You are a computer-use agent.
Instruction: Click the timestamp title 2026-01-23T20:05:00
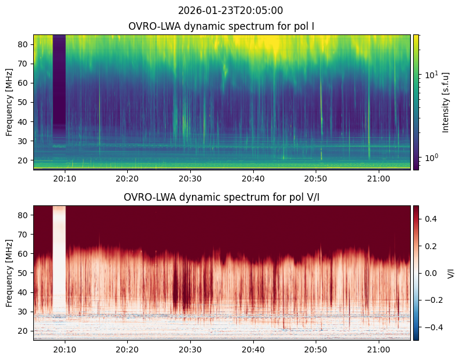pos(230,11)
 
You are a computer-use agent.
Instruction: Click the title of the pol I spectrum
pos(221,26)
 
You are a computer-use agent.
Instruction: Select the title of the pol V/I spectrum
pos(221,197)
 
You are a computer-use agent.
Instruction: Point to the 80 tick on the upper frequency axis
pos(23,44)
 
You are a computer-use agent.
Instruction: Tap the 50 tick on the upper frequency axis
pos(23,103)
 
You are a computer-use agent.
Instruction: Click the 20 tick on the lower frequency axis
pos(23,331)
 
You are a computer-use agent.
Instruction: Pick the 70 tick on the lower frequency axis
pos(23,235)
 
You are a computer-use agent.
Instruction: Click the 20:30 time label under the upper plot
pos(190,179)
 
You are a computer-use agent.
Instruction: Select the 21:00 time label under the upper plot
pos(379,179)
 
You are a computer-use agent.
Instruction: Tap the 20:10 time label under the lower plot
pos(65,349)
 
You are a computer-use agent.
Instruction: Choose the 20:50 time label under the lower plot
pos(316,349)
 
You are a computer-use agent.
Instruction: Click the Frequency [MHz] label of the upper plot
pos(9,102)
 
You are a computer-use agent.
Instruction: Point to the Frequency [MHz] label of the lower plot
pos(9,273)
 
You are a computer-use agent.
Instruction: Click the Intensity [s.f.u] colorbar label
pos(446,103)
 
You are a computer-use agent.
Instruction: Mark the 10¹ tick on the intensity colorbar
pos(431,75)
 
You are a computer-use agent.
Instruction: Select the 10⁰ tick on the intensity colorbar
pos(431,158)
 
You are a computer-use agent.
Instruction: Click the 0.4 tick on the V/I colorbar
pos(431,219)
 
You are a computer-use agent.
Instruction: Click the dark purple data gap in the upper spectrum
pos(59,85)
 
